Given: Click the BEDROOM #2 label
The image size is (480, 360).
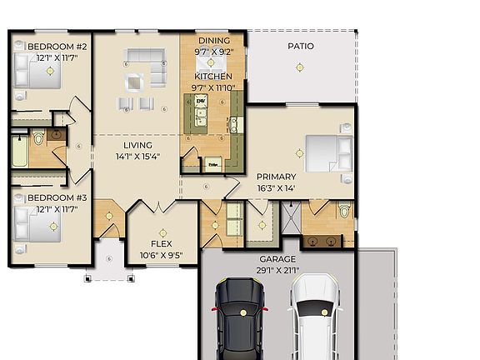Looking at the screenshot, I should coord(57,46).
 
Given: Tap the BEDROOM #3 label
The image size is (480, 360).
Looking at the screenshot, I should coord(57,197).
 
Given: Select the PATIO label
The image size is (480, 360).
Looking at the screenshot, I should coord(301,46).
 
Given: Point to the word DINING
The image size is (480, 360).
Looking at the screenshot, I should coord(213,40).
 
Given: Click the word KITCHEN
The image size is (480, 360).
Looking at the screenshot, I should coord(213,76).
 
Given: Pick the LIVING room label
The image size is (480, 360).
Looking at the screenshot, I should coord(137,145).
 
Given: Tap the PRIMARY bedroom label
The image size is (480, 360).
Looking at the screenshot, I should coord(276,177).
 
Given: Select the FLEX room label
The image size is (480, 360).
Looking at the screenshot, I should coord(161,233).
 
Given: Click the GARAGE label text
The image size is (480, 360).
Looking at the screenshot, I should coord(277,259).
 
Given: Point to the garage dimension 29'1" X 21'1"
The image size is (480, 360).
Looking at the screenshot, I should coord(277,270).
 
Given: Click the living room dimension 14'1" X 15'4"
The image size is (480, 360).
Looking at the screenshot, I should coord(137,156).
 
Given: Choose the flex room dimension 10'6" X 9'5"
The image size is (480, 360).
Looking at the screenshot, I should coord(161,244).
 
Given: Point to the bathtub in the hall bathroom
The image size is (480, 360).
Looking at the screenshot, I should coord(20,154).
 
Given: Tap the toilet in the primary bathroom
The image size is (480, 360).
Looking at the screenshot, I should coord(344,212).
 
